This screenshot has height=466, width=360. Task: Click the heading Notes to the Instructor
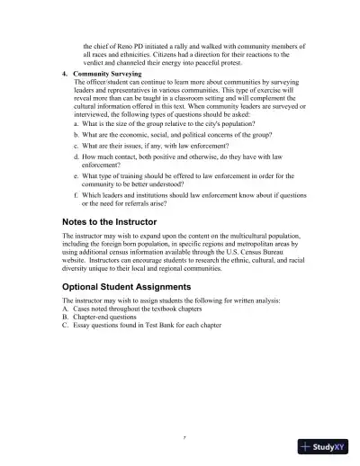tap(109, 221)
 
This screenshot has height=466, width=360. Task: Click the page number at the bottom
tap(181, 436)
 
